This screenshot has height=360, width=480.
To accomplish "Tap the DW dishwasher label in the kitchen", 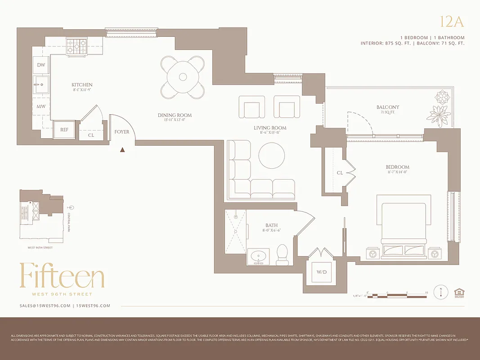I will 41,65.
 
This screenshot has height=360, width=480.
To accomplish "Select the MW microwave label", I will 41,107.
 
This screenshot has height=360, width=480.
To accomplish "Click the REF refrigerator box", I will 64,129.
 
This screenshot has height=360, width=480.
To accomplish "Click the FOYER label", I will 121,132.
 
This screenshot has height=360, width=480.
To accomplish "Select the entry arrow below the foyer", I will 122,150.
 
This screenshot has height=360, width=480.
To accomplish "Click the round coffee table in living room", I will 272,156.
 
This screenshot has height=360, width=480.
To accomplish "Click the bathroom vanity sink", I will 259,257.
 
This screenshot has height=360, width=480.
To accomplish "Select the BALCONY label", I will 388,107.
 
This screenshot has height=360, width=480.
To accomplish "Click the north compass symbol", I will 440,292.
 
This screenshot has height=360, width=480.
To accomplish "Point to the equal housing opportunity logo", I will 458,292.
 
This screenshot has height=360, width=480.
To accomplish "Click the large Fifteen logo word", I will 62,276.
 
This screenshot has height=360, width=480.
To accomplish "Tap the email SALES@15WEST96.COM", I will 45,306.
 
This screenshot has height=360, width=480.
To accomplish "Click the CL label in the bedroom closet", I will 340,173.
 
